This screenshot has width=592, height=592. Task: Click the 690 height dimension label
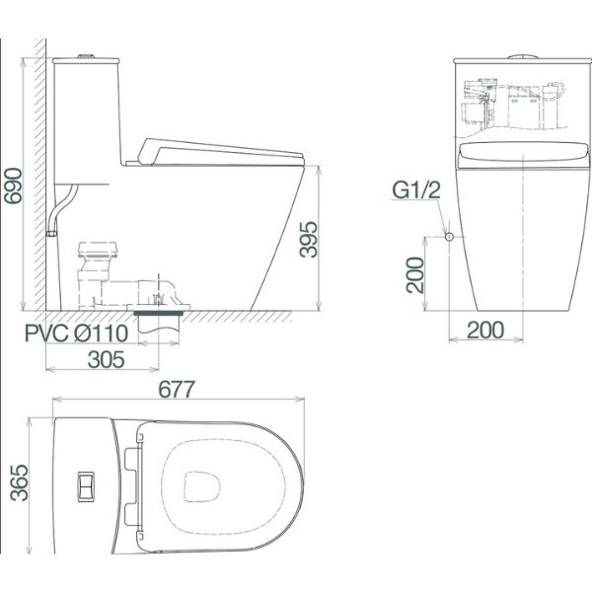pos(13,185)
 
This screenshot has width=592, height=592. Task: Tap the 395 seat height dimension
pos(309,240)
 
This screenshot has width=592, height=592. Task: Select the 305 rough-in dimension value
pos(107,359)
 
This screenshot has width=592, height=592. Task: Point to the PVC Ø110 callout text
pos(77,333)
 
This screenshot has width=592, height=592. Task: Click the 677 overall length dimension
pos(177,390)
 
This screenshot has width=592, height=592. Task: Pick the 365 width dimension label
pos(19,482)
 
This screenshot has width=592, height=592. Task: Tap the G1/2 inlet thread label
pos(416,189)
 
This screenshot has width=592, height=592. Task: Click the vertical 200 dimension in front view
pos(415,275)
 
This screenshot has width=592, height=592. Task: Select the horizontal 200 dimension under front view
pos(485,330)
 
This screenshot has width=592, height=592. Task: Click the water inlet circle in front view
pos(449,237)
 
